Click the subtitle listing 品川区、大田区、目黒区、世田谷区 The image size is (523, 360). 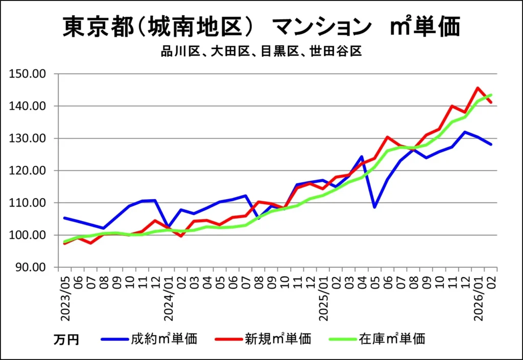[261, 52]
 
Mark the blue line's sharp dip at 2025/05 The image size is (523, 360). [375, 207]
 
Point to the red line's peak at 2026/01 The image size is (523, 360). [478, 88]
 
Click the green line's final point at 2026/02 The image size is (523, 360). [491, 95]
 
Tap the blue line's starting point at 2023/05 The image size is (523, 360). [65, 218]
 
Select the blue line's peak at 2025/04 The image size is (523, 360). [362, 156]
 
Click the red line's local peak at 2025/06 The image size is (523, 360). [388, 137]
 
